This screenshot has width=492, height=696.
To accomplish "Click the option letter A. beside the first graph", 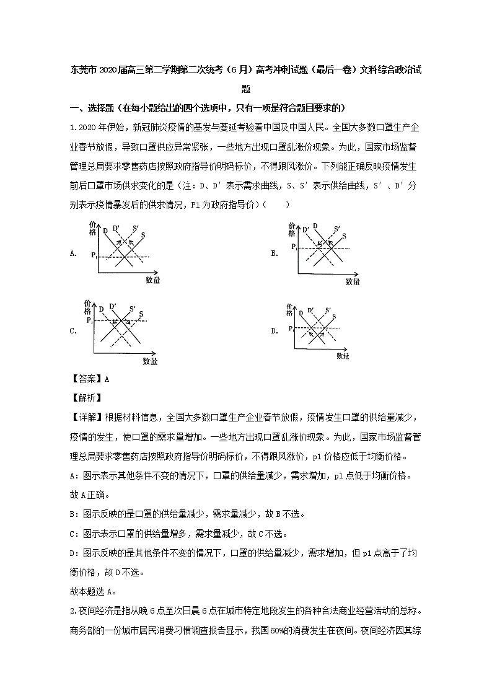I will point(74,253).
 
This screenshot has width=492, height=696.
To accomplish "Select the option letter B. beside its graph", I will point(274,253).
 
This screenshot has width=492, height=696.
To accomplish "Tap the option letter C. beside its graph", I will point(74,331).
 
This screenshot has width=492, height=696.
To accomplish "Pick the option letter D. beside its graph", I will point(274,331).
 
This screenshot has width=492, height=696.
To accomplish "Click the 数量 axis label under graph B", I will point(353,281).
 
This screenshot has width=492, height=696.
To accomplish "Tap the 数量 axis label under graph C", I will point(150,361).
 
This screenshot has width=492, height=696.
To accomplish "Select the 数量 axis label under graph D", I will point(343,356).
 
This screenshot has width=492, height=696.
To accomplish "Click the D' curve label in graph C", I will point(112,306).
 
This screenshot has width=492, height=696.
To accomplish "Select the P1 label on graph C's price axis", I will point(90,322).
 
